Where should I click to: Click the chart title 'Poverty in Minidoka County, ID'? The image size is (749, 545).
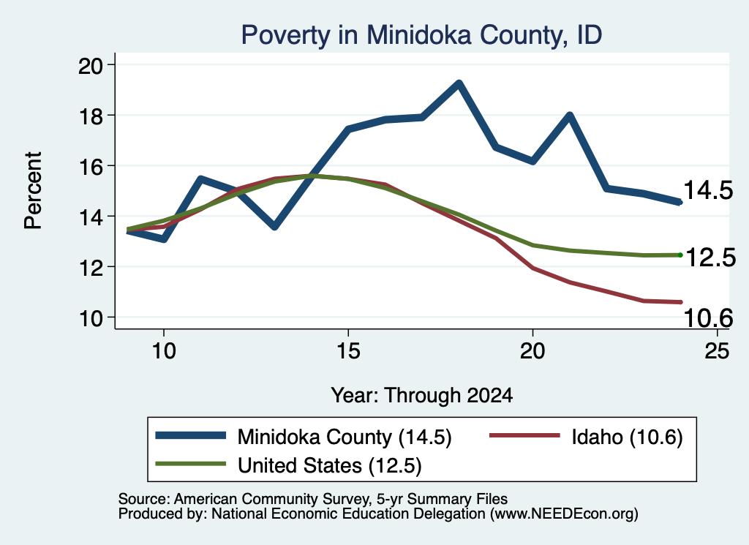[x=421, y=35]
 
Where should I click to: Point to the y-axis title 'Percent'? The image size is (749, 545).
[x=33, y=191]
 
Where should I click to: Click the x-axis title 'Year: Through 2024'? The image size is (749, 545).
[x=422, y=396]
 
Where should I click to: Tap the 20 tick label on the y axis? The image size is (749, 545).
[x=90, y=65]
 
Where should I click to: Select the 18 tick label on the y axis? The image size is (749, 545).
[x=90, y=116]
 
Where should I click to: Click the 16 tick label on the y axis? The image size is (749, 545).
[x=90, y=166]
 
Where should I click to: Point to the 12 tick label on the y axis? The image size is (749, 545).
[x=90, y=267]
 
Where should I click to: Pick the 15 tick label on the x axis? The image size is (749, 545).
[x=348, y=351]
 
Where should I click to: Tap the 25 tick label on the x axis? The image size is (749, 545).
[x=717, y=351]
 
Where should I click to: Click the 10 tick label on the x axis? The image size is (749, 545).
[x=164, y=351]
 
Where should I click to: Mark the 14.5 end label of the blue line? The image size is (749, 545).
[x=708, y=190]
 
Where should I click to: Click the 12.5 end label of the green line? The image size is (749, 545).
[x=710, y=258]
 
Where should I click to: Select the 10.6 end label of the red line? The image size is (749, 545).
[x=708, y=318]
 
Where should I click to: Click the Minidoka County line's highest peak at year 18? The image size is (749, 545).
[x=459, y=84]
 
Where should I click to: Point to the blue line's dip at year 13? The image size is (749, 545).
[x=275, y=226]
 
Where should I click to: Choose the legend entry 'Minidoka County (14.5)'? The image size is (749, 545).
[x=304, y=437]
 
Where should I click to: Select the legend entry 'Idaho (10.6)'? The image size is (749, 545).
[x=586, y=437]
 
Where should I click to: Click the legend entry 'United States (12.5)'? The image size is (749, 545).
[x=288, y=465]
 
